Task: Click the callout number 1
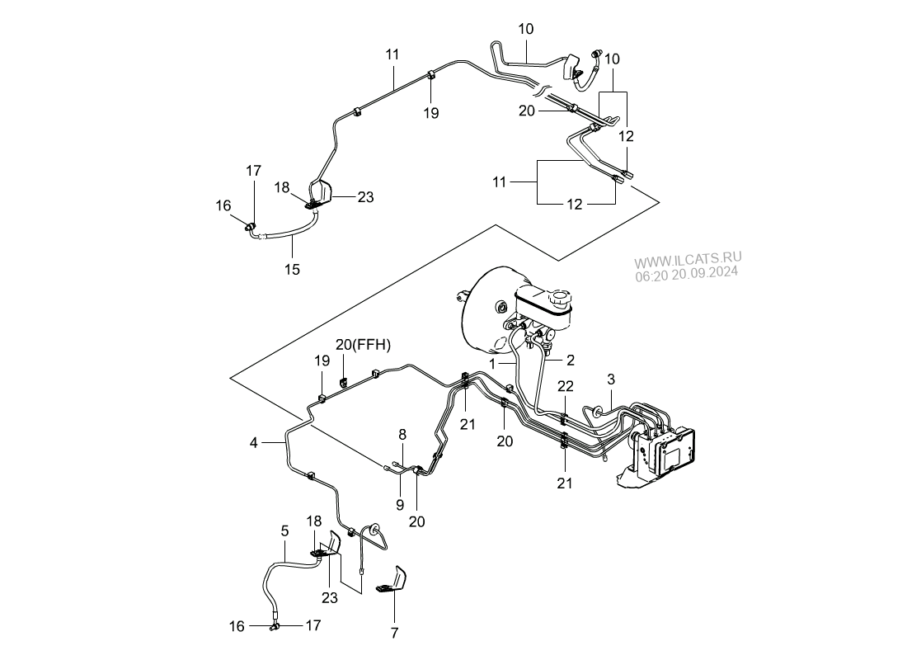coord(492,363)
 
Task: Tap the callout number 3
coord(611,379)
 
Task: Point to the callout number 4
coord(254,443)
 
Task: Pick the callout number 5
coord(284,532)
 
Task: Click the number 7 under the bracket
coord(394,633)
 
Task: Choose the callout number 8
coord(402,434)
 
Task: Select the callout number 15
coord(293,269)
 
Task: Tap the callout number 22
coord(565,386)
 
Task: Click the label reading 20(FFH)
coord(363,344)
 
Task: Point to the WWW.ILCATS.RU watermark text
coord(688,257)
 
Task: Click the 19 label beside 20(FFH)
coord(322,361)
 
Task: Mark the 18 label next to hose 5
coord(314,521)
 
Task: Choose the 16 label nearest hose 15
coord(224,205)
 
